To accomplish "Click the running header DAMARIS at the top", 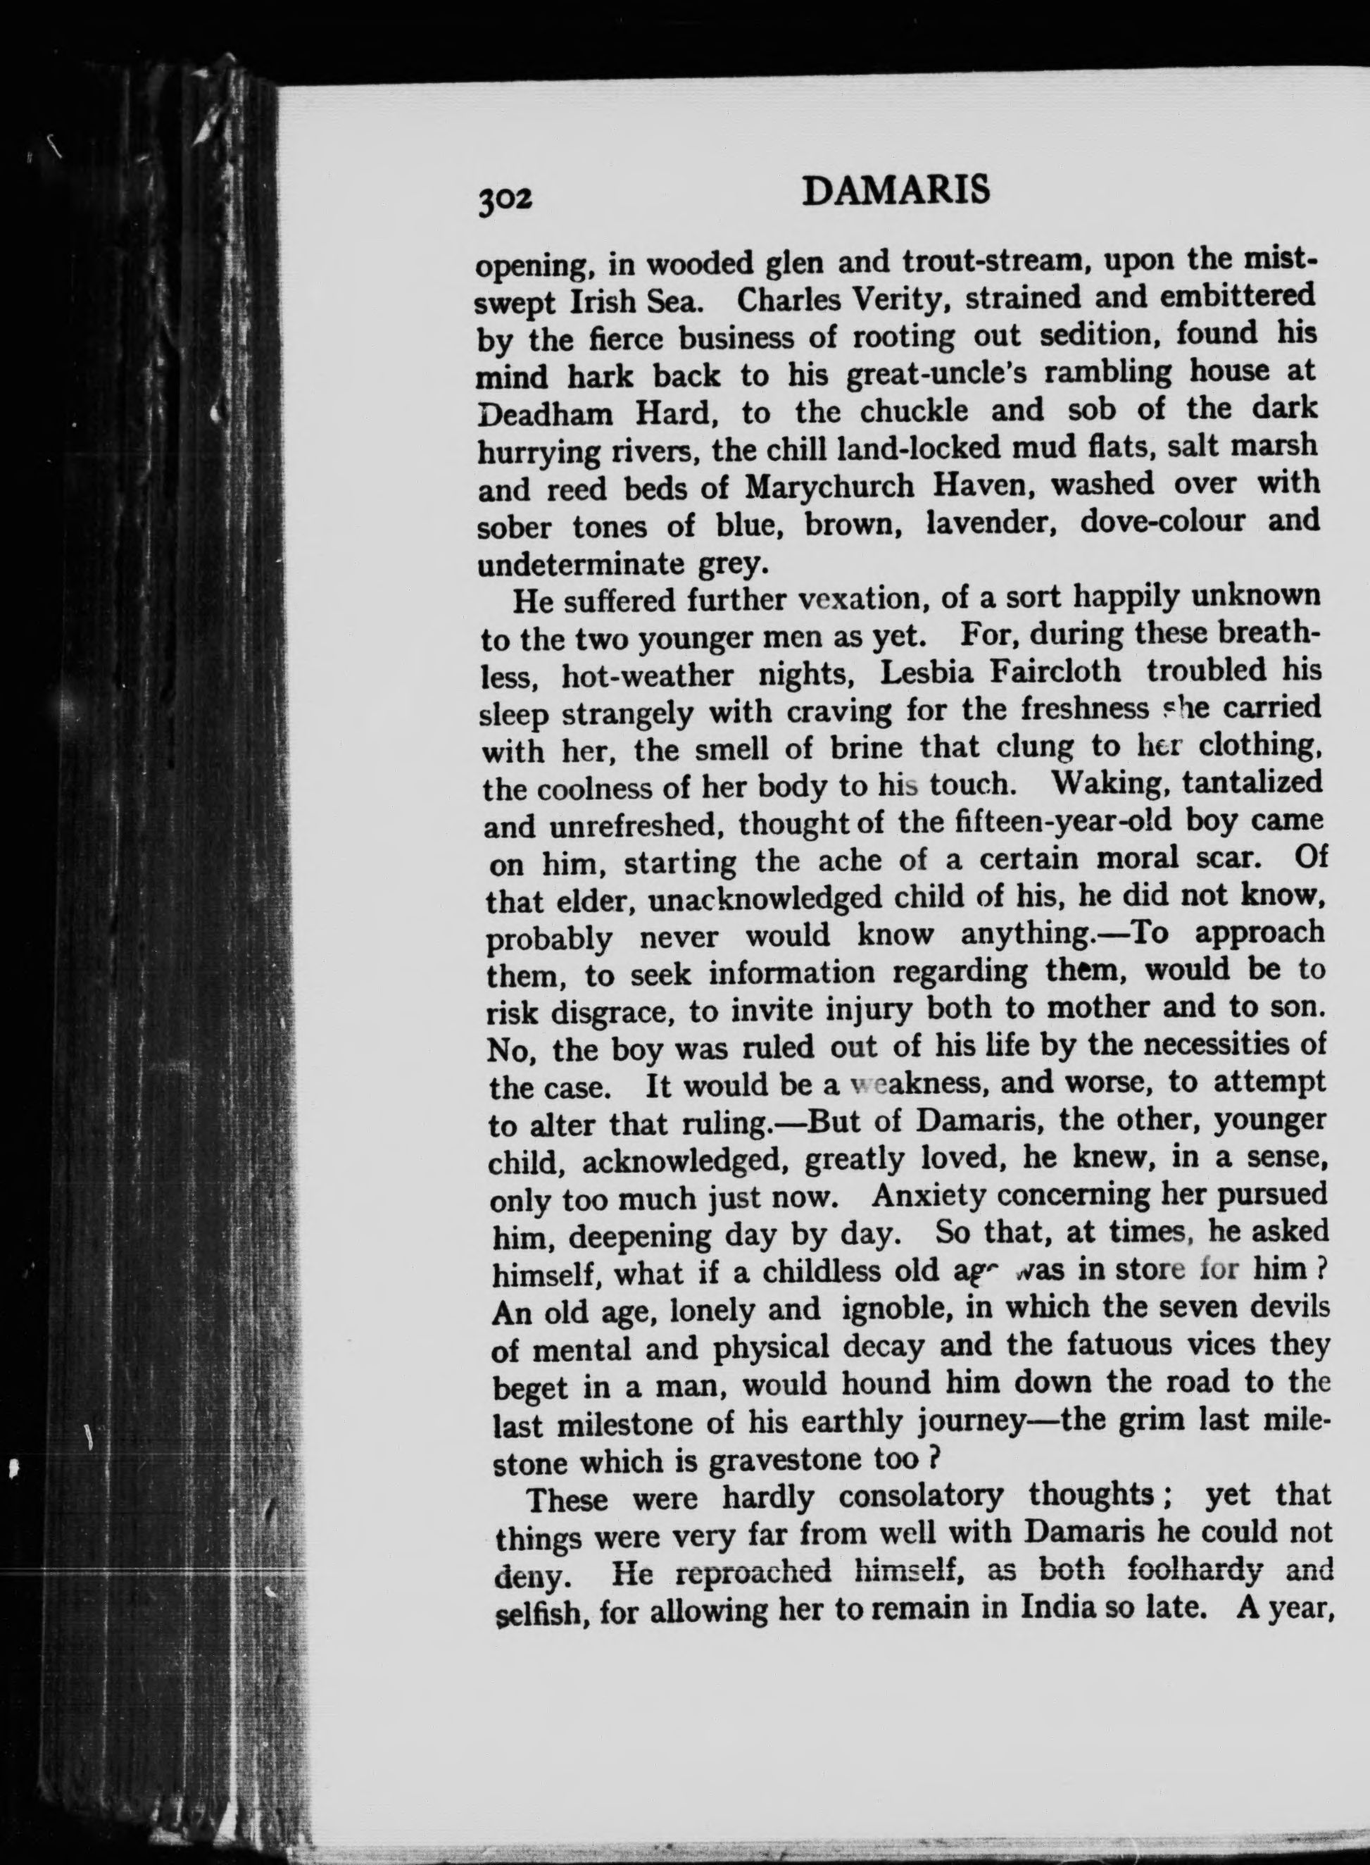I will (x=895, y=191).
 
